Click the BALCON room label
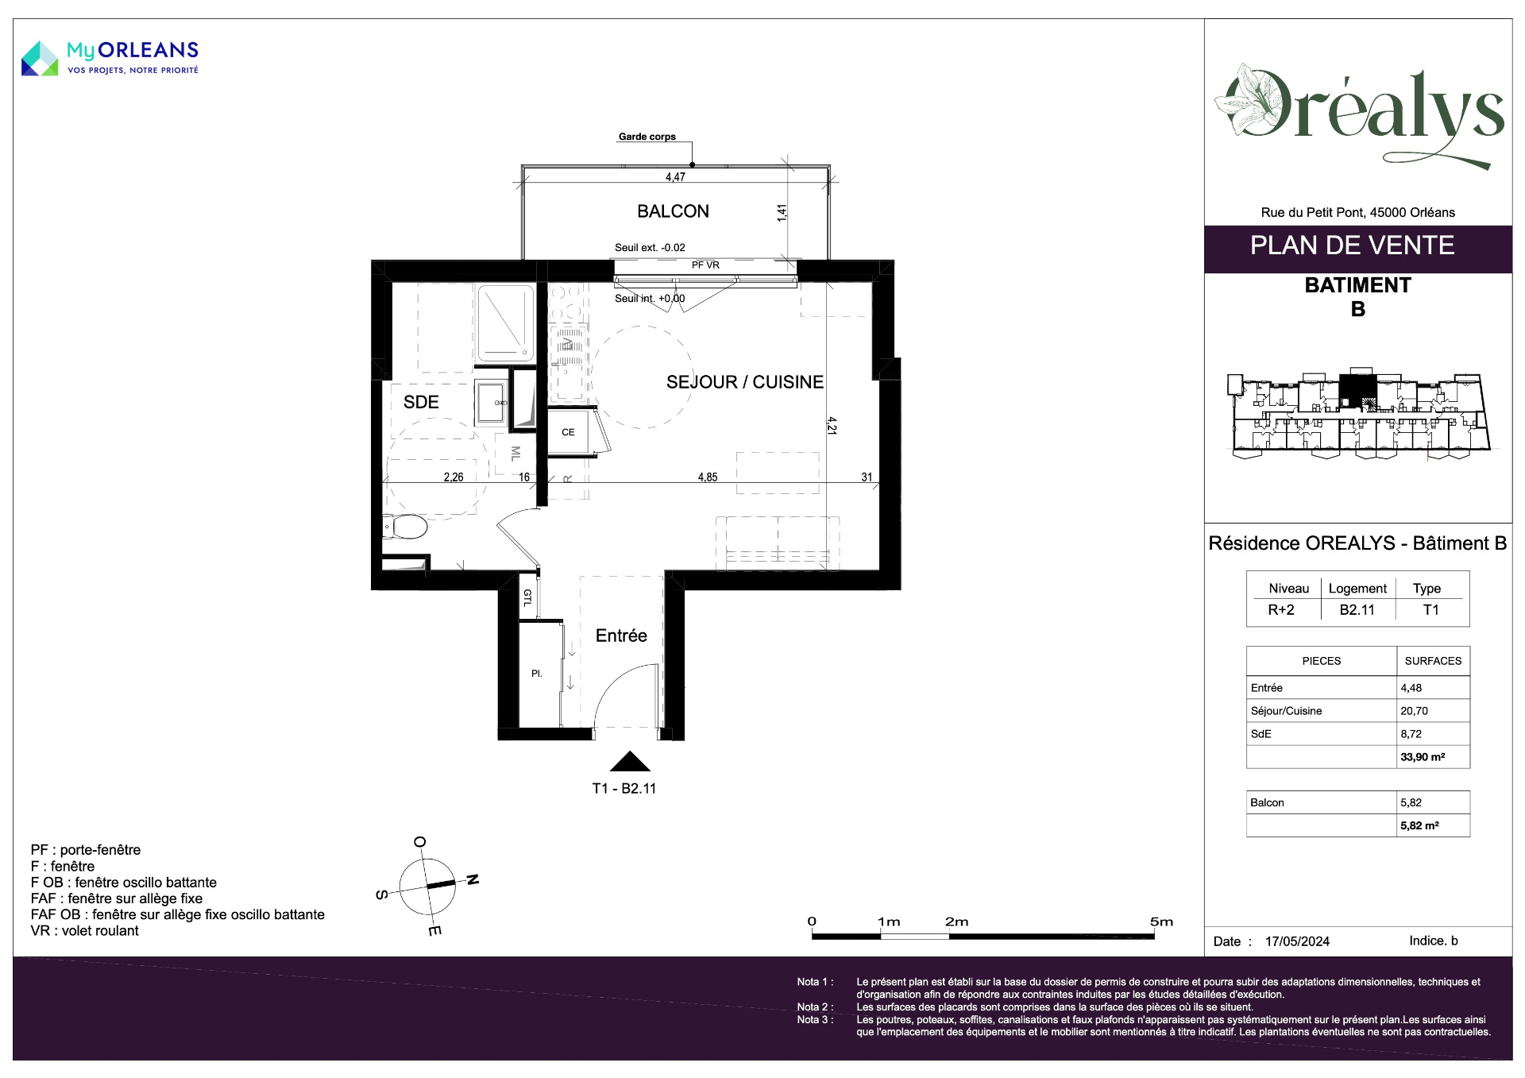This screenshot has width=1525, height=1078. pyautogui.click(x=673, y=211)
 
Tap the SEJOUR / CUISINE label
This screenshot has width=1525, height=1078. pyautogui.click(x=744, y=382)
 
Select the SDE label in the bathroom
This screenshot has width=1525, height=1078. pyautogui.click(x=421, y=402)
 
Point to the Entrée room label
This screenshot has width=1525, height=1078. pyautogui.click(x=621, y=636)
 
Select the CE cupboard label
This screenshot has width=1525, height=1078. pyautogui.click(x=568, y=432)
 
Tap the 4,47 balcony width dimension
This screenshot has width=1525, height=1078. pyautogui.click(x=675, y=177)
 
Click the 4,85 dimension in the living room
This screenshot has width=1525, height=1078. pyautogui.click(x=708, y=477)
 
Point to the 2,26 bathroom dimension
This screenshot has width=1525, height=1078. pyautogui.click(x=454, y=477)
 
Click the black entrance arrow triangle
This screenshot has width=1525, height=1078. pyautogui.click(x=630, y=762)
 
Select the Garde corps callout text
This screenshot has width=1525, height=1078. pyautogui.click(x=647, y=137)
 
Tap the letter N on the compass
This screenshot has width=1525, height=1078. pyautogui.click(x=473, y=879)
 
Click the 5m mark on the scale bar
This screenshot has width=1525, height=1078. pyautogui.click(x=1161, y=922)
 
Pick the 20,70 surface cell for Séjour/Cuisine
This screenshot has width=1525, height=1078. pyautogui.click(x=1414, y=711)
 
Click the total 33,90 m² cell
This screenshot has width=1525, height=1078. pyautogui.click(x=1423, y=757)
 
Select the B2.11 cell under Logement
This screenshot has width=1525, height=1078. pyautogui.click(x=1357, y=610)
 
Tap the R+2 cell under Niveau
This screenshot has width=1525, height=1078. pyautogui.click(x=1281, y=610)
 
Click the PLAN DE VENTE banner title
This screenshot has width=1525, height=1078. pyautogui.click(x=1353, y=245)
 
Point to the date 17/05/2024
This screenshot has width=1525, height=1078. pyautogui.click(x=1297, y=941)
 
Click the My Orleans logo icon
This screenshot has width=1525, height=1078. pyautogui.click(x=40, y=59)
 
